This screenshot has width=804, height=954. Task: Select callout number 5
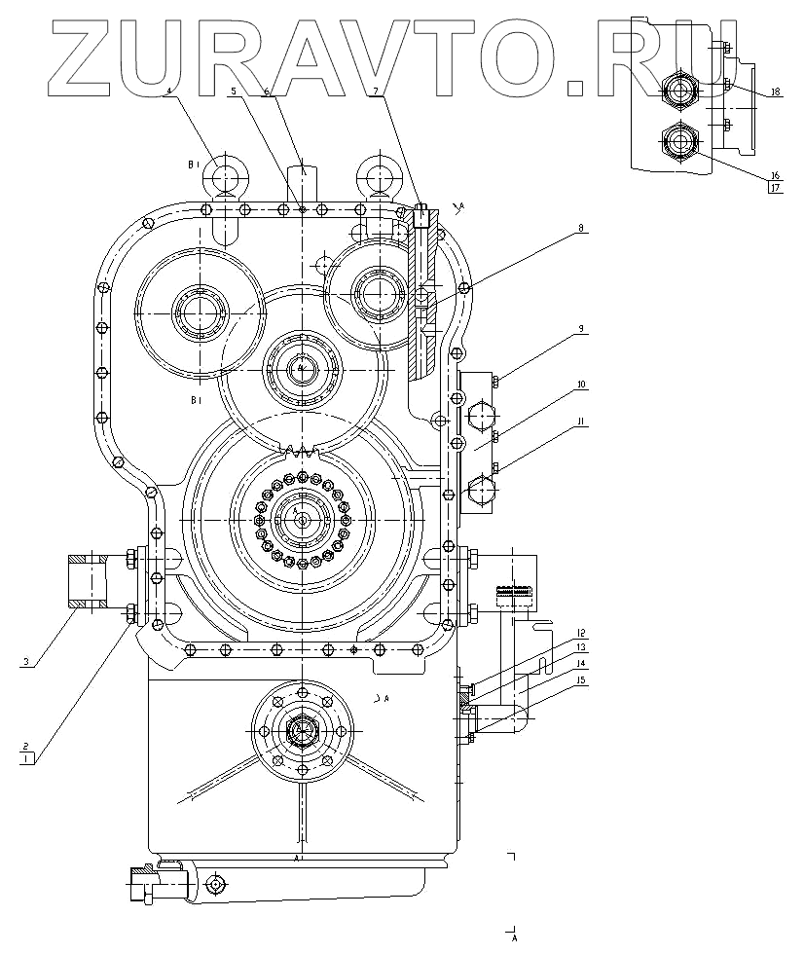(x=234, y=91)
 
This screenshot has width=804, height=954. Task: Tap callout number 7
(x=375, y=91)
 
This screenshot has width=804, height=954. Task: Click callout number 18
(x=776, y=92)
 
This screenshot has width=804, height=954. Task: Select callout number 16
(x=775, y=176)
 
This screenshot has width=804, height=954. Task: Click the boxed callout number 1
(x=27, y=755)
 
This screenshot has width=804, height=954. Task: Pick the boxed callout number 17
(x=775, y=189)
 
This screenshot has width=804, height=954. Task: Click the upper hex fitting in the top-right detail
(x=679, y=91)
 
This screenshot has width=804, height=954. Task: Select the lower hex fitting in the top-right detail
(x=679, y=141)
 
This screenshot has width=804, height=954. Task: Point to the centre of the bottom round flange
(x=302, y=729)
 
